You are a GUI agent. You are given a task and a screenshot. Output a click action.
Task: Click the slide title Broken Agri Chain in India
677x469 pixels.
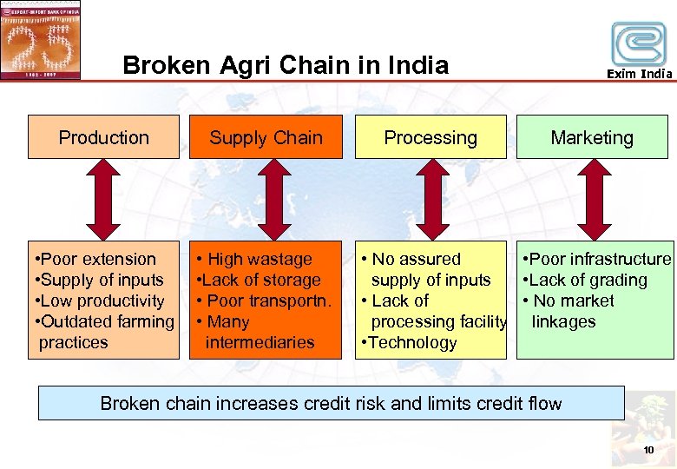[286, 65]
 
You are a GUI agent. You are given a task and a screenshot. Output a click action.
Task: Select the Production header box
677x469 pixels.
[103, 137]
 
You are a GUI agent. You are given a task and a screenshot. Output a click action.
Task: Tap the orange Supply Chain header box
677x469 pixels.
[266, 137]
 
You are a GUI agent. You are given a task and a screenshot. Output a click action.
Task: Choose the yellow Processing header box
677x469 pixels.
[431, 137]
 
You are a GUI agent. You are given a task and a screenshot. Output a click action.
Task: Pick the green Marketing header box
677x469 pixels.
[592, 137]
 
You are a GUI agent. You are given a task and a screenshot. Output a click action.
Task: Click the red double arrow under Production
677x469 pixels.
[103, 199]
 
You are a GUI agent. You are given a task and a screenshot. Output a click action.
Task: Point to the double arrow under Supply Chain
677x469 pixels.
[274, 199]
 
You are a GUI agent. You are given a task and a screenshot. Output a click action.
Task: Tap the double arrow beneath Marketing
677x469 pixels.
[595, 199]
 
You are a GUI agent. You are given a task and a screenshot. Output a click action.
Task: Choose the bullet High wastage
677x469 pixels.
[258, 259]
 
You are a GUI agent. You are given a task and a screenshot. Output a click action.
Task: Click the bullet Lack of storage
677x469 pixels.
[261, 280]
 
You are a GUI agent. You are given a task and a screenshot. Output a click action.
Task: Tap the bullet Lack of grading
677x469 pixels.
[588, 280]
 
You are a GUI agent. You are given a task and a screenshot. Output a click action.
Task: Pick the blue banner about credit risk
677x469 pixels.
[332, 403]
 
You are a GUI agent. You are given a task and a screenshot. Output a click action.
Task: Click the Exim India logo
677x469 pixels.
[639, 48]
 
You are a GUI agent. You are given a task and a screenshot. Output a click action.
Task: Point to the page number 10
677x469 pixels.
[647, 449]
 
